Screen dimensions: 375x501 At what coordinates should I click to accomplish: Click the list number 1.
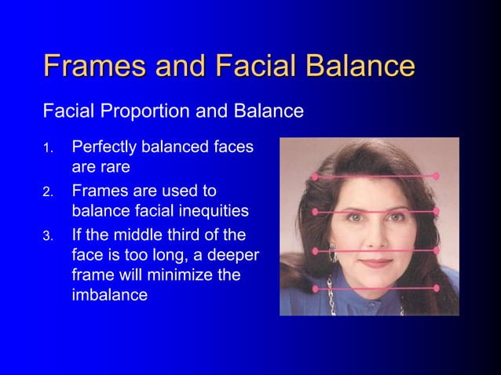tap(48, 147)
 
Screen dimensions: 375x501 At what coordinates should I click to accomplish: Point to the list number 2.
tap(48, 191)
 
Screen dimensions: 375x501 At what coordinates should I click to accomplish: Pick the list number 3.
tap(48, 235)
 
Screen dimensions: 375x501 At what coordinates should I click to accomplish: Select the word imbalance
tap(109, 297)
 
